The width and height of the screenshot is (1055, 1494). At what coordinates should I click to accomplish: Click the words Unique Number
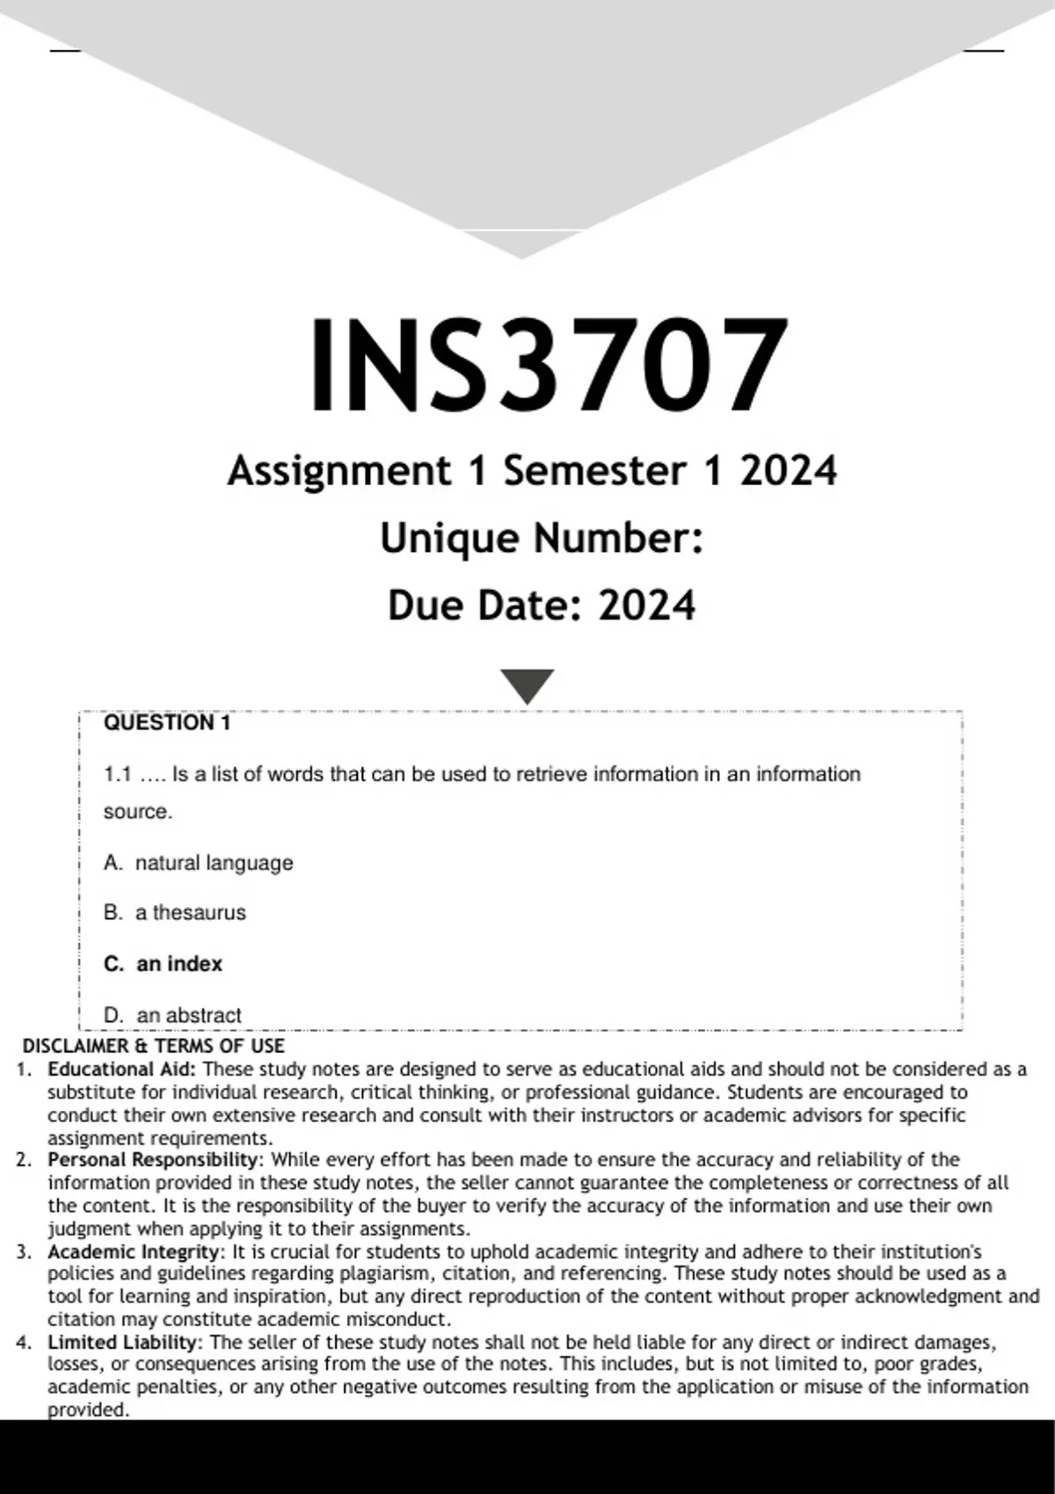coord(542,538)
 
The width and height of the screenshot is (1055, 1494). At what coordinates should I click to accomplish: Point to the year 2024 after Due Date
coord(646,606)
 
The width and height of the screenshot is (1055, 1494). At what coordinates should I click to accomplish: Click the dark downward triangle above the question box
coord(527,685)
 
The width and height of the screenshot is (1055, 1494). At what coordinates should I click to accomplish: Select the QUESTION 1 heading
coord(167,722)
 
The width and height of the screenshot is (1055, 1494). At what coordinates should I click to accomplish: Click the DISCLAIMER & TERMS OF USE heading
coord(153,1046)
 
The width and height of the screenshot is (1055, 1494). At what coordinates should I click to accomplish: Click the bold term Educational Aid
coord(121,1069)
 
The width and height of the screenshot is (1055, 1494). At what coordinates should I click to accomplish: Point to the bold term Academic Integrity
coord(136,1251)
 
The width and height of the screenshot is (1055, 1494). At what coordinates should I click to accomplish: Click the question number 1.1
coord(117,774)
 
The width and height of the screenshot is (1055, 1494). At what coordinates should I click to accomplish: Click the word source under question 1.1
coord(136,811)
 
